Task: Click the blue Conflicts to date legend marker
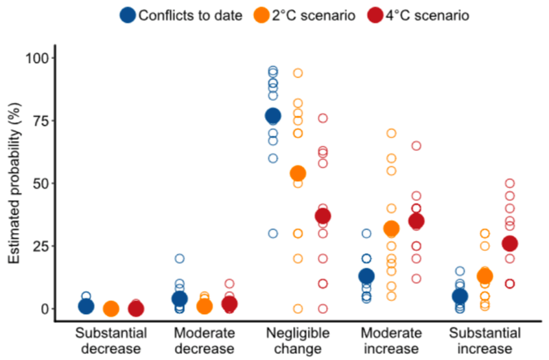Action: [127, 15]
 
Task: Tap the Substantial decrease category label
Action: [110, 340]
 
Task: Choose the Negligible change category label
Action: [298, 340]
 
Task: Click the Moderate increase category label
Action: [392, 340]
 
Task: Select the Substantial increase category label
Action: [485, 340]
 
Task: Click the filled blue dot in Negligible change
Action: [273, 115]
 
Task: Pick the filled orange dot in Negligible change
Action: [298, 173]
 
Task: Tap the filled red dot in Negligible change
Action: [323, 216]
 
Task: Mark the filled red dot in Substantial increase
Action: [510, 243]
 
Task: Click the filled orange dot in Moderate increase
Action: [391, 228]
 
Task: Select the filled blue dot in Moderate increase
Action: [366, 276]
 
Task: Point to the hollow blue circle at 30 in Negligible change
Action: [273, 233]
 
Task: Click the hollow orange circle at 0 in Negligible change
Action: [298, 309]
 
